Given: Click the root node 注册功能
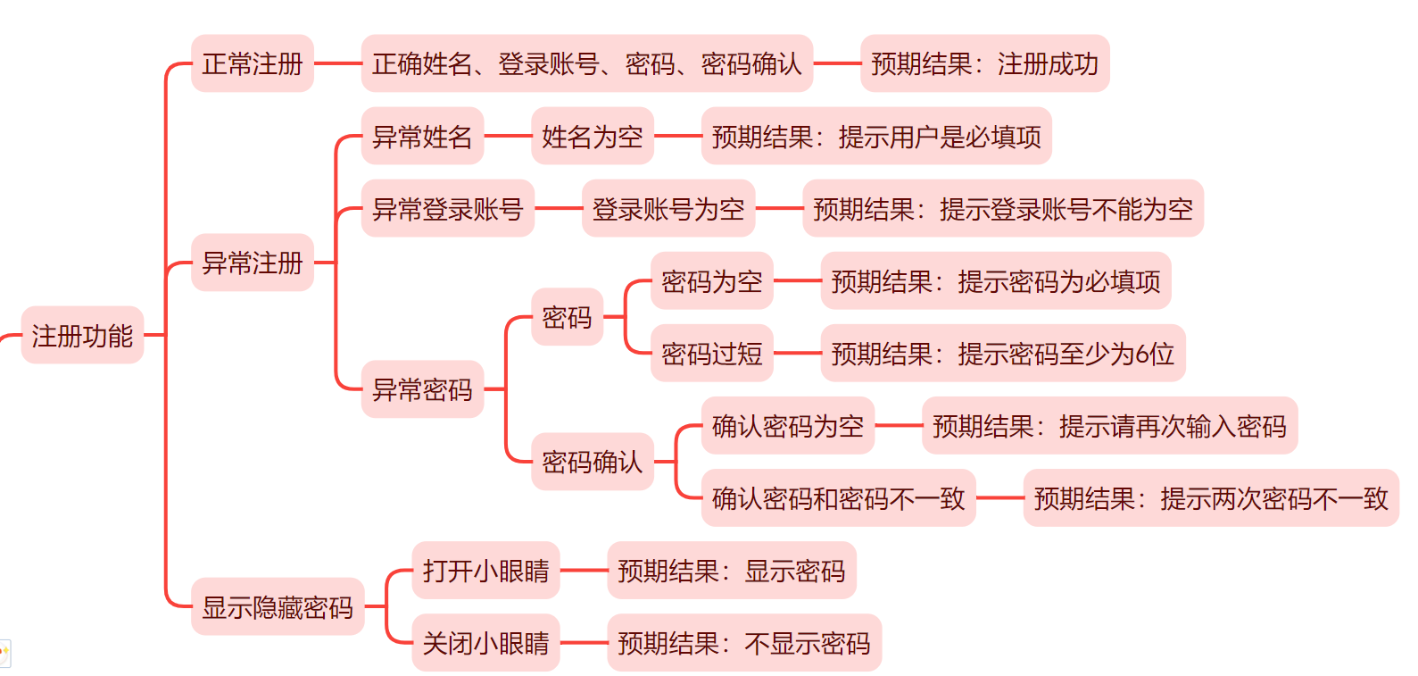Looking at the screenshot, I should point(82,336).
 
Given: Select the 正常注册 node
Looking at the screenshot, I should point(253,63).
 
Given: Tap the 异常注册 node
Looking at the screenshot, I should point(253,263).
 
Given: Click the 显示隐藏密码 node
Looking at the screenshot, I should point(278,607).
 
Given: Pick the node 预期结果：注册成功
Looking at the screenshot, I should point(984,63).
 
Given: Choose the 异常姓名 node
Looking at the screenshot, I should point(422,137).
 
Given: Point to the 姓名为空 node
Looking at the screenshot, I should point(593,137).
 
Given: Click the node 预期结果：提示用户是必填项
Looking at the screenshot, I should point(876,137).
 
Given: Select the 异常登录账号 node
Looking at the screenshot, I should point(447,209).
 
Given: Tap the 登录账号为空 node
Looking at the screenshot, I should point(668,209).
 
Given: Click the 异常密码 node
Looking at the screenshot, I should point(422,389).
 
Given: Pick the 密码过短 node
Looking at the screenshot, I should point(712,354).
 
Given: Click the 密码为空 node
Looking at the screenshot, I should point(712,281).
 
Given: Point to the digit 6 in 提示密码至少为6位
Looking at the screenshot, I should point(1142,355).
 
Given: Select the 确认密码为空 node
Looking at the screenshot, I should point(788,426).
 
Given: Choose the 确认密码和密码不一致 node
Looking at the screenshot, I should point(839,498).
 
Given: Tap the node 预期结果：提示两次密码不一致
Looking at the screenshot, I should point(1211,498).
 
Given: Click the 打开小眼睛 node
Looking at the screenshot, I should point(485,571).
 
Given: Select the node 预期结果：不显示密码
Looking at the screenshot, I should point(744,643).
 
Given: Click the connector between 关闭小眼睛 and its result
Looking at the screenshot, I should point(584,643).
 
